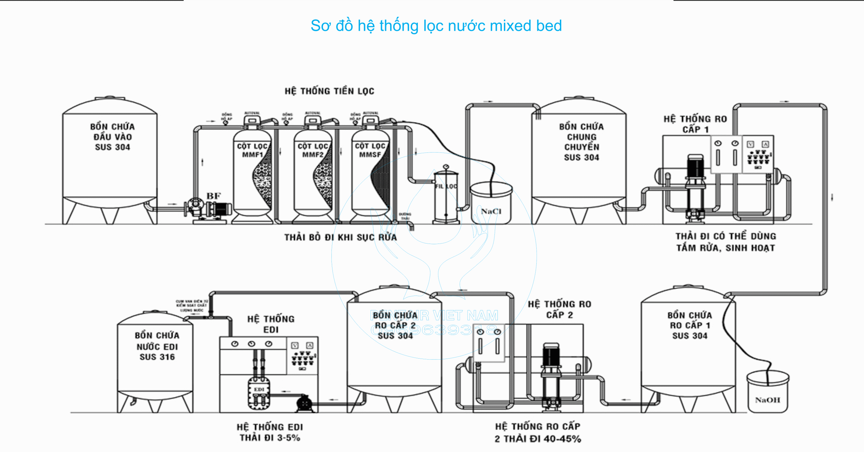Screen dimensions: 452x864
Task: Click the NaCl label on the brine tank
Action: [x=491, y=211]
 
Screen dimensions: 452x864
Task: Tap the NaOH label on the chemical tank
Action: [x=767, y=400]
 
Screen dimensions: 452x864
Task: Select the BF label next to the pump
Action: [x=213, y=196]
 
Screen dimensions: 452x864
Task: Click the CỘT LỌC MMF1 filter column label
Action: [x=252, y=150]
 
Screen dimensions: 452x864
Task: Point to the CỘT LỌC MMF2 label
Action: [x=313, y=150]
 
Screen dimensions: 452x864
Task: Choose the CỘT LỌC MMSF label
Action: [x=370, y=150]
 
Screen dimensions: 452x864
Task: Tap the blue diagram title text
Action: [x=436, y=26]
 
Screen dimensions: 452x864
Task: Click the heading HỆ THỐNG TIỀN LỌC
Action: [x=329, y=91]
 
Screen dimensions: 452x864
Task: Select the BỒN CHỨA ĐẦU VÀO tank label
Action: [x=112, y=137]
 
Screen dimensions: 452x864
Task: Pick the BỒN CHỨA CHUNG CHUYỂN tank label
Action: [x=582, y=142]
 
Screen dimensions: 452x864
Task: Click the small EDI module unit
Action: [x=259, y=393]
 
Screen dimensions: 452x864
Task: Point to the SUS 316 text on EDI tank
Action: [x=157, y=357]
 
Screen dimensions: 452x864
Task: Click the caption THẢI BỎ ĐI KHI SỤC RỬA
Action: [x=340, y=237]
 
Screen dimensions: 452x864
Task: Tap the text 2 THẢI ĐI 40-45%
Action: [x=538, y=439]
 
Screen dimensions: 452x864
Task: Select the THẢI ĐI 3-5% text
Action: [x=270, y=437]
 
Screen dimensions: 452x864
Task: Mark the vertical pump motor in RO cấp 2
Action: [x=551, y=356]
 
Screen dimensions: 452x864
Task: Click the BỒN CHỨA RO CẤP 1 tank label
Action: [x=690, y=325]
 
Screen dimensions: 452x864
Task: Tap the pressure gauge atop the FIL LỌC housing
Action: [x=446, y=167]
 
